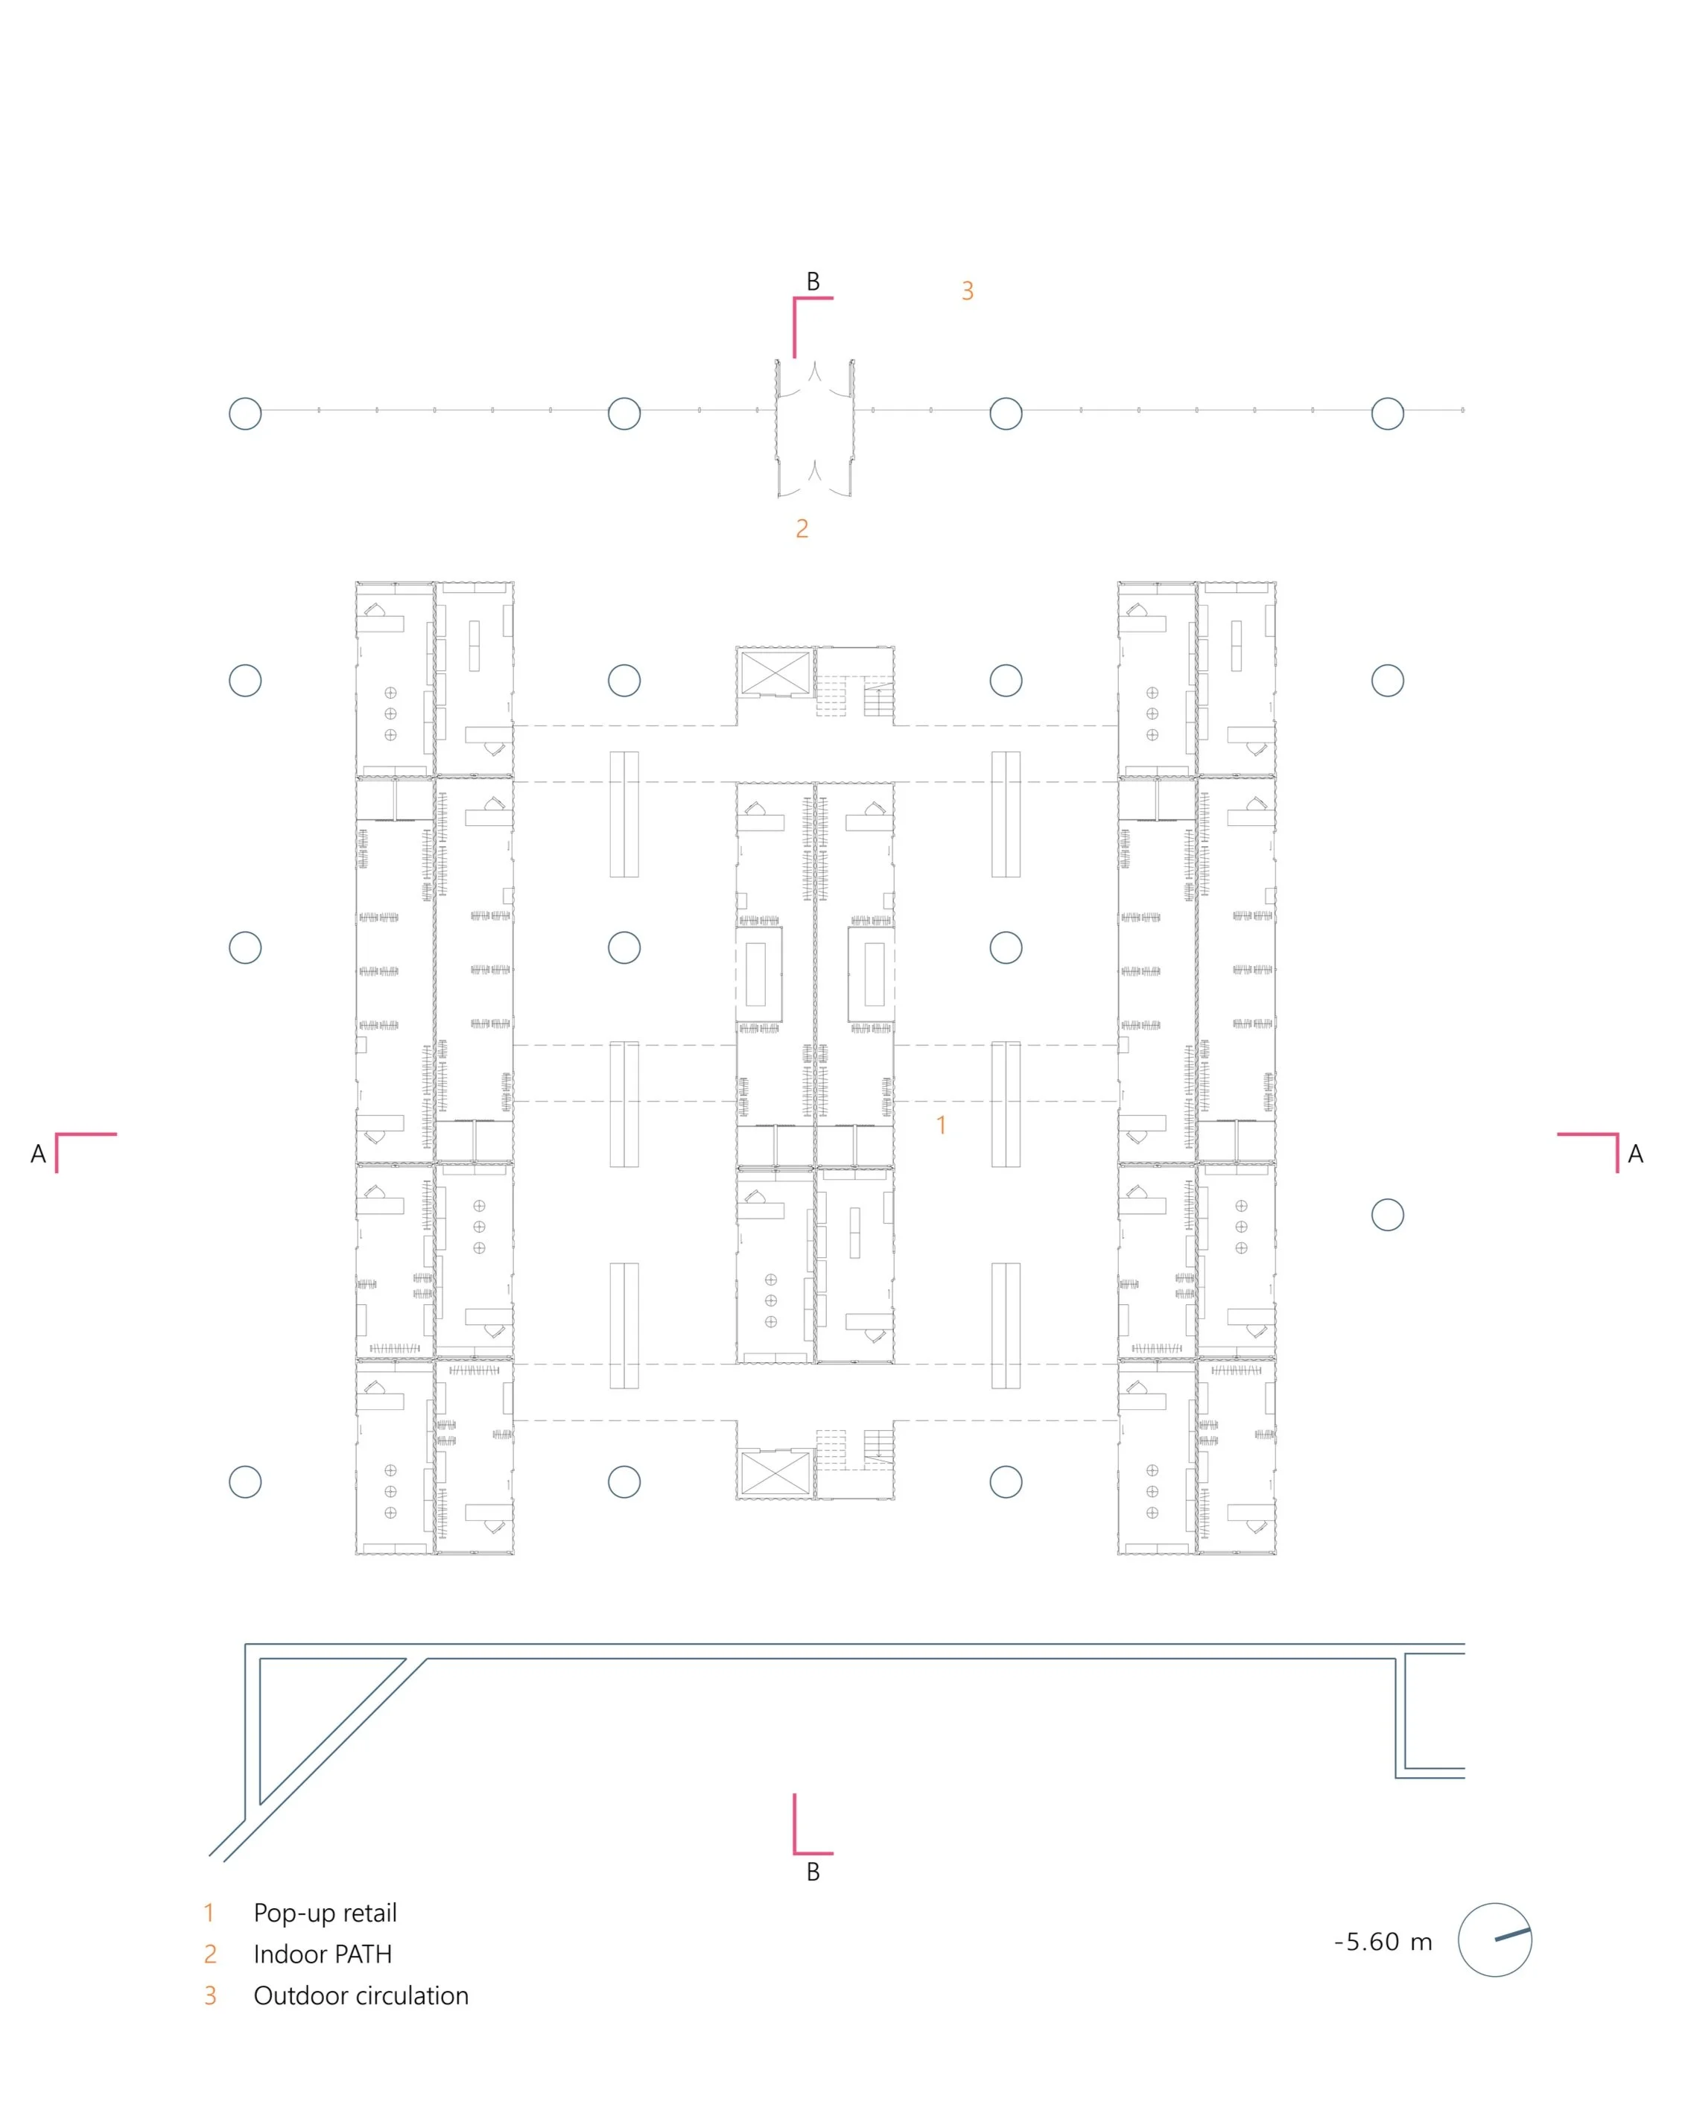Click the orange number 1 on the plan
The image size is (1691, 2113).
941,1125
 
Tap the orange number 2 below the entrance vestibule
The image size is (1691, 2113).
802,530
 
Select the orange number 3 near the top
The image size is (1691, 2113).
968,291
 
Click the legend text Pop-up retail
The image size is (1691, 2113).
325,1913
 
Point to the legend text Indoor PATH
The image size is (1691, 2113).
323,1954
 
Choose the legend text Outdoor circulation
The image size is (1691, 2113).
361,1995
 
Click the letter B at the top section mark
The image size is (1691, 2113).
813,282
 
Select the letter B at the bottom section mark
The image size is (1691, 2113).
813,1872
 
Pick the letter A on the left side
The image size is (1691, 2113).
38,1154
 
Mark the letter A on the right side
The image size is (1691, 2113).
1635,1154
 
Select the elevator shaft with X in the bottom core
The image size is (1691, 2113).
775,1473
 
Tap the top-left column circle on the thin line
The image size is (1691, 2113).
245,413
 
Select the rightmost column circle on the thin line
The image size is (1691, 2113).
1387,413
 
